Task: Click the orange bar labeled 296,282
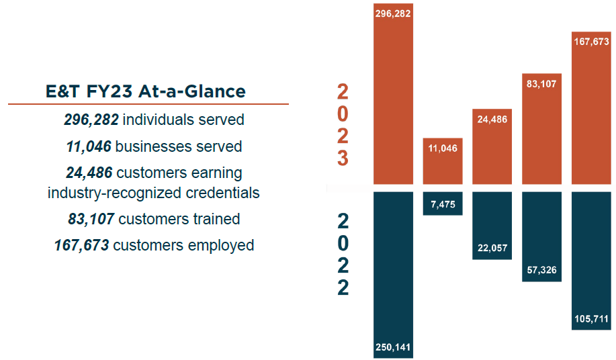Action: point(393,94)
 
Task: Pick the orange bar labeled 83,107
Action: point(542,131)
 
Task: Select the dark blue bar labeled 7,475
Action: point(443,204)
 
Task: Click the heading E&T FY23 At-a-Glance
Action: point(146,91)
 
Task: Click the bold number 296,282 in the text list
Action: point(91,120)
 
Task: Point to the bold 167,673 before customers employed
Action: point(81,245)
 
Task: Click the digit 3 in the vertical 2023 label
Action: point(343,159)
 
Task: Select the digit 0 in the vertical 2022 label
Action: point(343,242)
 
